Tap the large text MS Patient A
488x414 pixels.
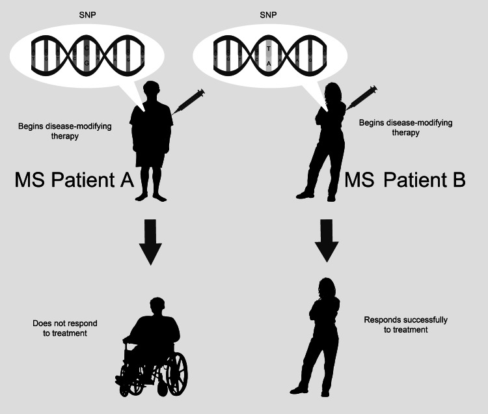74,180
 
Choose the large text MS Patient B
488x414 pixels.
405,180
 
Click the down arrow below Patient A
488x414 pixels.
150,241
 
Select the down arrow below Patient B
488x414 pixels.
327,240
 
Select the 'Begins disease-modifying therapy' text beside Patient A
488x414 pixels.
65,131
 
